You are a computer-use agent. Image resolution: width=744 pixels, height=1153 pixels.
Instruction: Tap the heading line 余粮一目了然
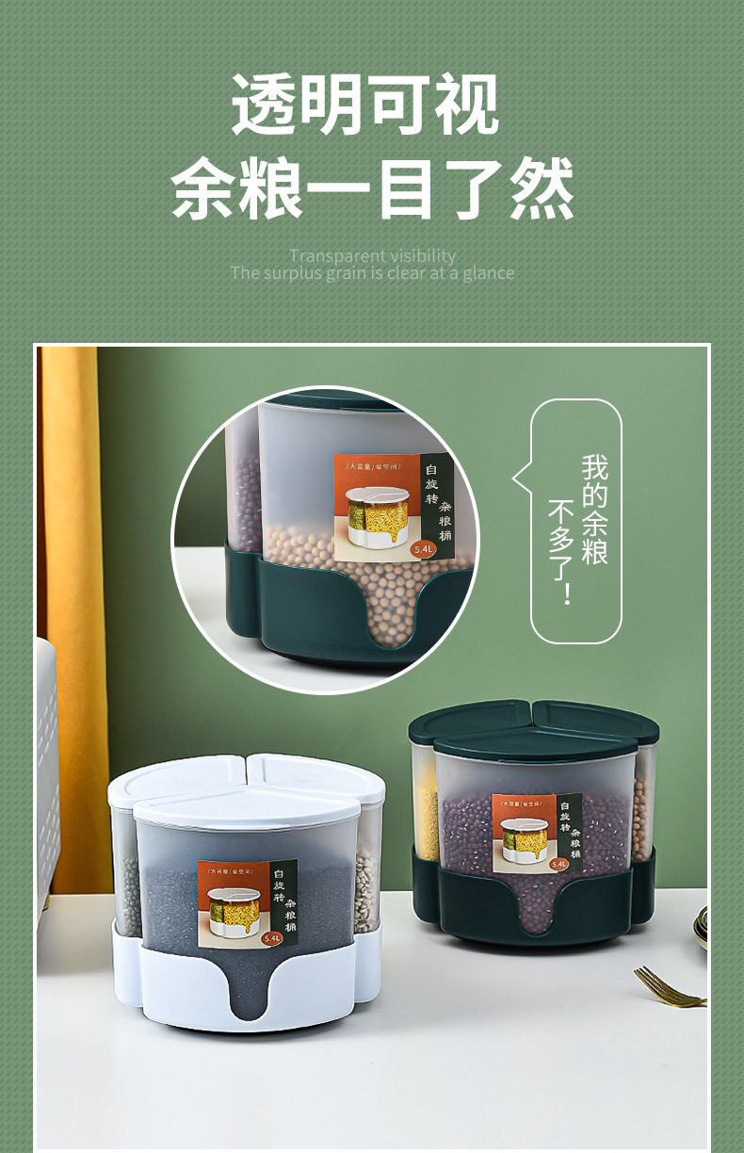click(x=372, y=188)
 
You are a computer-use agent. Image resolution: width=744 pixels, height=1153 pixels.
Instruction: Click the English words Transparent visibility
click(x=372, y=255)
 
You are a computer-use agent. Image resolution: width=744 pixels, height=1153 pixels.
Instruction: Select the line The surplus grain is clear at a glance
click(x=372, y=273)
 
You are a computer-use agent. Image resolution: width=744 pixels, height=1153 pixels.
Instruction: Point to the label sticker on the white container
click(x=247, y=902)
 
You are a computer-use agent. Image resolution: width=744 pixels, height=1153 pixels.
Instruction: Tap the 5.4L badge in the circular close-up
click(x=421, y=548)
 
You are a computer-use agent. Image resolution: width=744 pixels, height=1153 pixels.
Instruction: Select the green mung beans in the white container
click(x=126, y=890)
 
